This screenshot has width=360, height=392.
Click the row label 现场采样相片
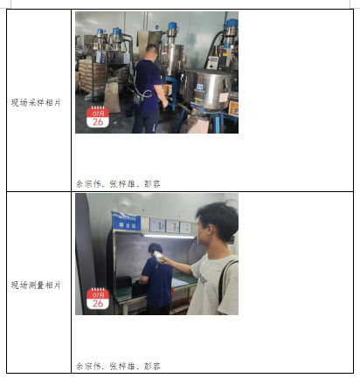click(36, 101)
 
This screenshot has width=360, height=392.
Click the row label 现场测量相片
click(36, 285)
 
